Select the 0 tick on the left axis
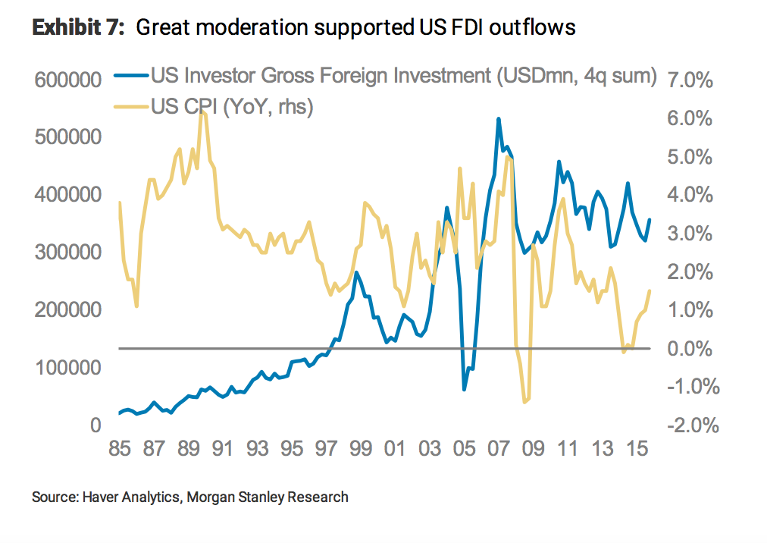(95, 425)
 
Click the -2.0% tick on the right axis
(687, 426)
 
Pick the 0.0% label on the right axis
(690, 349)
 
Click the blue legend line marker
(130, 76)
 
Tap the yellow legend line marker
(130, 106)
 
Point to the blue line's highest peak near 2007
(498, 119)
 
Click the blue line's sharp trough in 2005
(465, 389)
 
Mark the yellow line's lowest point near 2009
(524, 402)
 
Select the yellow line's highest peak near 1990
(202, 111)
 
